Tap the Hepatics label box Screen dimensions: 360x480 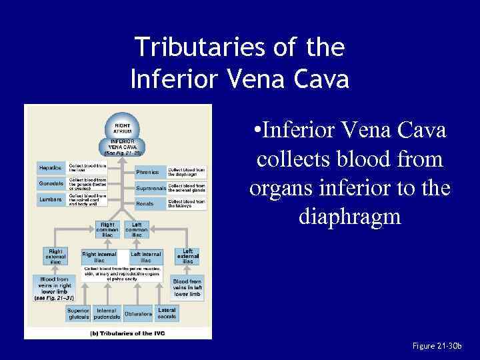point(51,168)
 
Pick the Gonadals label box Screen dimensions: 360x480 point(51,183)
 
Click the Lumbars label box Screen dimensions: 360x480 point(51,199)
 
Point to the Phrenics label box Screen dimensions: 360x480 point(148,172)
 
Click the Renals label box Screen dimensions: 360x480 point(145,203)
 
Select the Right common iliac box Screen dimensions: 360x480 point(107,229)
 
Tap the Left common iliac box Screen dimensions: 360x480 point(136,229)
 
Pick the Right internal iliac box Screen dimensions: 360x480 point(99,257)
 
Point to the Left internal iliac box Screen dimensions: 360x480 point(147,257)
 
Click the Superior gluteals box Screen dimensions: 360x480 point(78,313)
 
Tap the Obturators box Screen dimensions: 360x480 point(138,314)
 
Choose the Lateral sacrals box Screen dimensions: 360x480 point(167,313)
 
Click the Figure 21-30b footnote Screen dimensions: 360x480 point(437,346)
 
